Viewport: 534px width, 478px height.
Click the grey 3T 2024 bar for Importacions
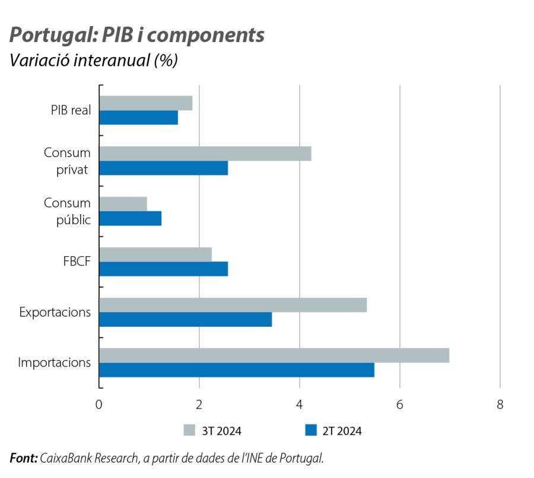click(x=274, y=355)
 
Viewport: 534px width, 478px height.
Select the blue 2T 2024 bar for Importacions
click(x=236, y=370)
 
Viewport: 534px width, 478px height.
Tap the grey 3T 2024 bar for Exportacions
click(x=233, y=305)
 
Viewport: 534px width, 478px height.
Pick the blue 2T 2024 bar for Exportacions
click(x=185, y=320)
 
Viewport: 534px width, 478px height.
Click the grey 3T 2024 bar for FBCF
click(x=155, y=254)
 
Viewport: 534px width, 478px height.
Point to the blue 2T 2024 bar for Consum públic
click(x=130, y=219)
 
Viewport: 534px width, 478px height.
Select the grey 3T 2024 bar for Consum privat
click(x=205, y=154)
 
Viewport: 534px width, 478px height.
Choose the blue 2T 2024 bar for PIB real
click(x=138, y=118)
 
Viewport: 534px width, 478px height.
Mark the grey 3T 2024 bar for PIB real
click(x=145, y=103)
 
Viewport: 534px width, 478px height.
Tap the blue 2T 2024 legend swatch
click(x=310, y=431)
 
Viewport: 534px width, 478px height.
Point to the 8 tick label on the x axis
click(x=500, y=404)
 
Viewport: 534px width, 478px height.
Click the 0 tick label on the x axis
click(x=98, y=404)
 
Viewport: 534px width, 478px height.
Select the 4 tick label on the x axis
click(x=300, y=404)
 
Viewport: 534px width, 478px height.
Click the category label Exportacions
click(x=55, y=312)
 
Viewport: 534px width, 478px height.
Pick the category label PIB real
click(x=70, y=110)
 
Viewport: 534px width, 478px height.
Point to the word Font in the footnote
click(x=23, y=458)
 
